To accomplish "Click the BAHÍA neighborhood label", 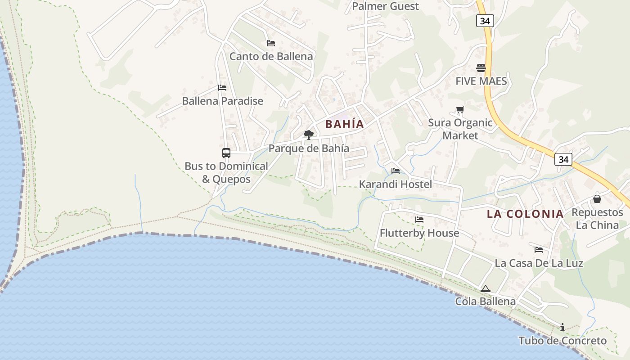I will [344, 124].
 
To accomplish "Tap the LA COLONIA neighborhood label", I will [525, 214].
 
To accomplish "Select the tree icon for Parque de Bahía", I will [308, 135].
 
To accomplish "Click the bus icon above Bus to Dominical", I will [226, 153].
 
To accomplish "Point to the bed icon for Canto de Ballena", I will [270, 43].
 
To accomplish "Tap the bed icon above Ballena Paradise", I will [222, 87].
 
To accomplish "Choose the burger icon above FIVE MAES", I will [481, 68].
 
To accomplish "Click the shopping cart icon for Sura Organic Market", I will [460, 109].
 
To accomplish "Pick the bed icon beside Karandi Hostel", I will [396, 171].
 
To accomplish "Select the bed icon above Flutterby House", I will [419, 220].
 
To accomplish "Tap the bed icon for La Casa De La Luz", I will [538, 249].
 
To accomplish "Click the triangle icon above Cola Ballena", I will [485, 288].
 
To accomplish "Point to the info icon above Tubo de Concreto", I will [562, 327].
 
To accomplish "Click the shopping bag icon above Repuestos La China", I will [597, 198].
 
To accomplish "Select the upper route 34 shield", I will [485, 20].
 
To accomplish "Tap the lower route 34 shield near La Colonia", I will [563, 159].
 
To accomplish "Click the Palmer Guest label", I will [385, 6].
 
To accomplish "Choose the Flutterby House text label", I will [419, 233].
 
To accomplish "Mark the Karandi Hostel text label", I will [395, 184].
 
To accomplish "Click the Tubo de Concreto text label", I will [562, 341].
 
